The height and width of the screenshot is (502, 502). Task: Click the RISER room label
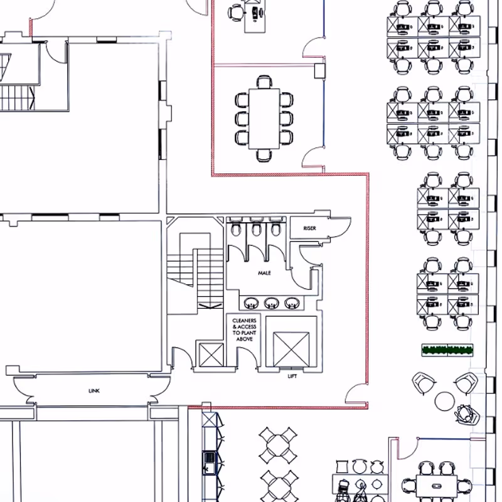tap(309, 228)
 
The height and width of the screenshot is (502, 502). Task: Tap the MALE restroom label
tap(264, 273)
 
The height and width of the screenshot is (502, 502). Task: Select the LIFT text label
tap(292, 376)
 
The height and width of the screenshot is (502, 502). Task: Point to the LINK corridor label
tap(93, 391)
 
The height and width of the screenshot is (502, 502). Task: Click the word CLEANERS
tap(244, 321)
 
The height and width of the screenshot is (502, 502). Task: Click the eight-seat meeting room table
tap(264, 119)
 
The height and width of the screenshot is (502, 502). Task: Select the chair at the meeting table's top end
tap(264, 82)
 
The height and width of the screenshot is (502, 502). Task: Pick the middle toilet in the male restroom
tap(256, 228)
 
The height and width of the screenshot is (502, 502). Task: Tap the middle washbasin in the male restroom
tap(271, 303)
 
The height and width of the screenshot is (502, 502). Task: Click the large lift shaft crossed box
tap(291, 350)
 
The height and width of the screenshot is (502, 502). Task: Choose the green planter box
tap(447, 350)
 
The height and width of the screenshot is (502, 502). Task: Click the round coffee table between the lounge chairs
tap(445, 402)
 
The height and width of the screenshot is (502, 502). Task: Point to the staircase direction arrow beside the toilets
tap(210, 306)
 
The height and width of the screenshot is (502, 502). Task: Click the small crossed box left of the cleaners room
tap(211, 355)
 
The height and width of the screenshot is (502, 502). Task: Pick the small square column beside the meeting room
tap(319, 71)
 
